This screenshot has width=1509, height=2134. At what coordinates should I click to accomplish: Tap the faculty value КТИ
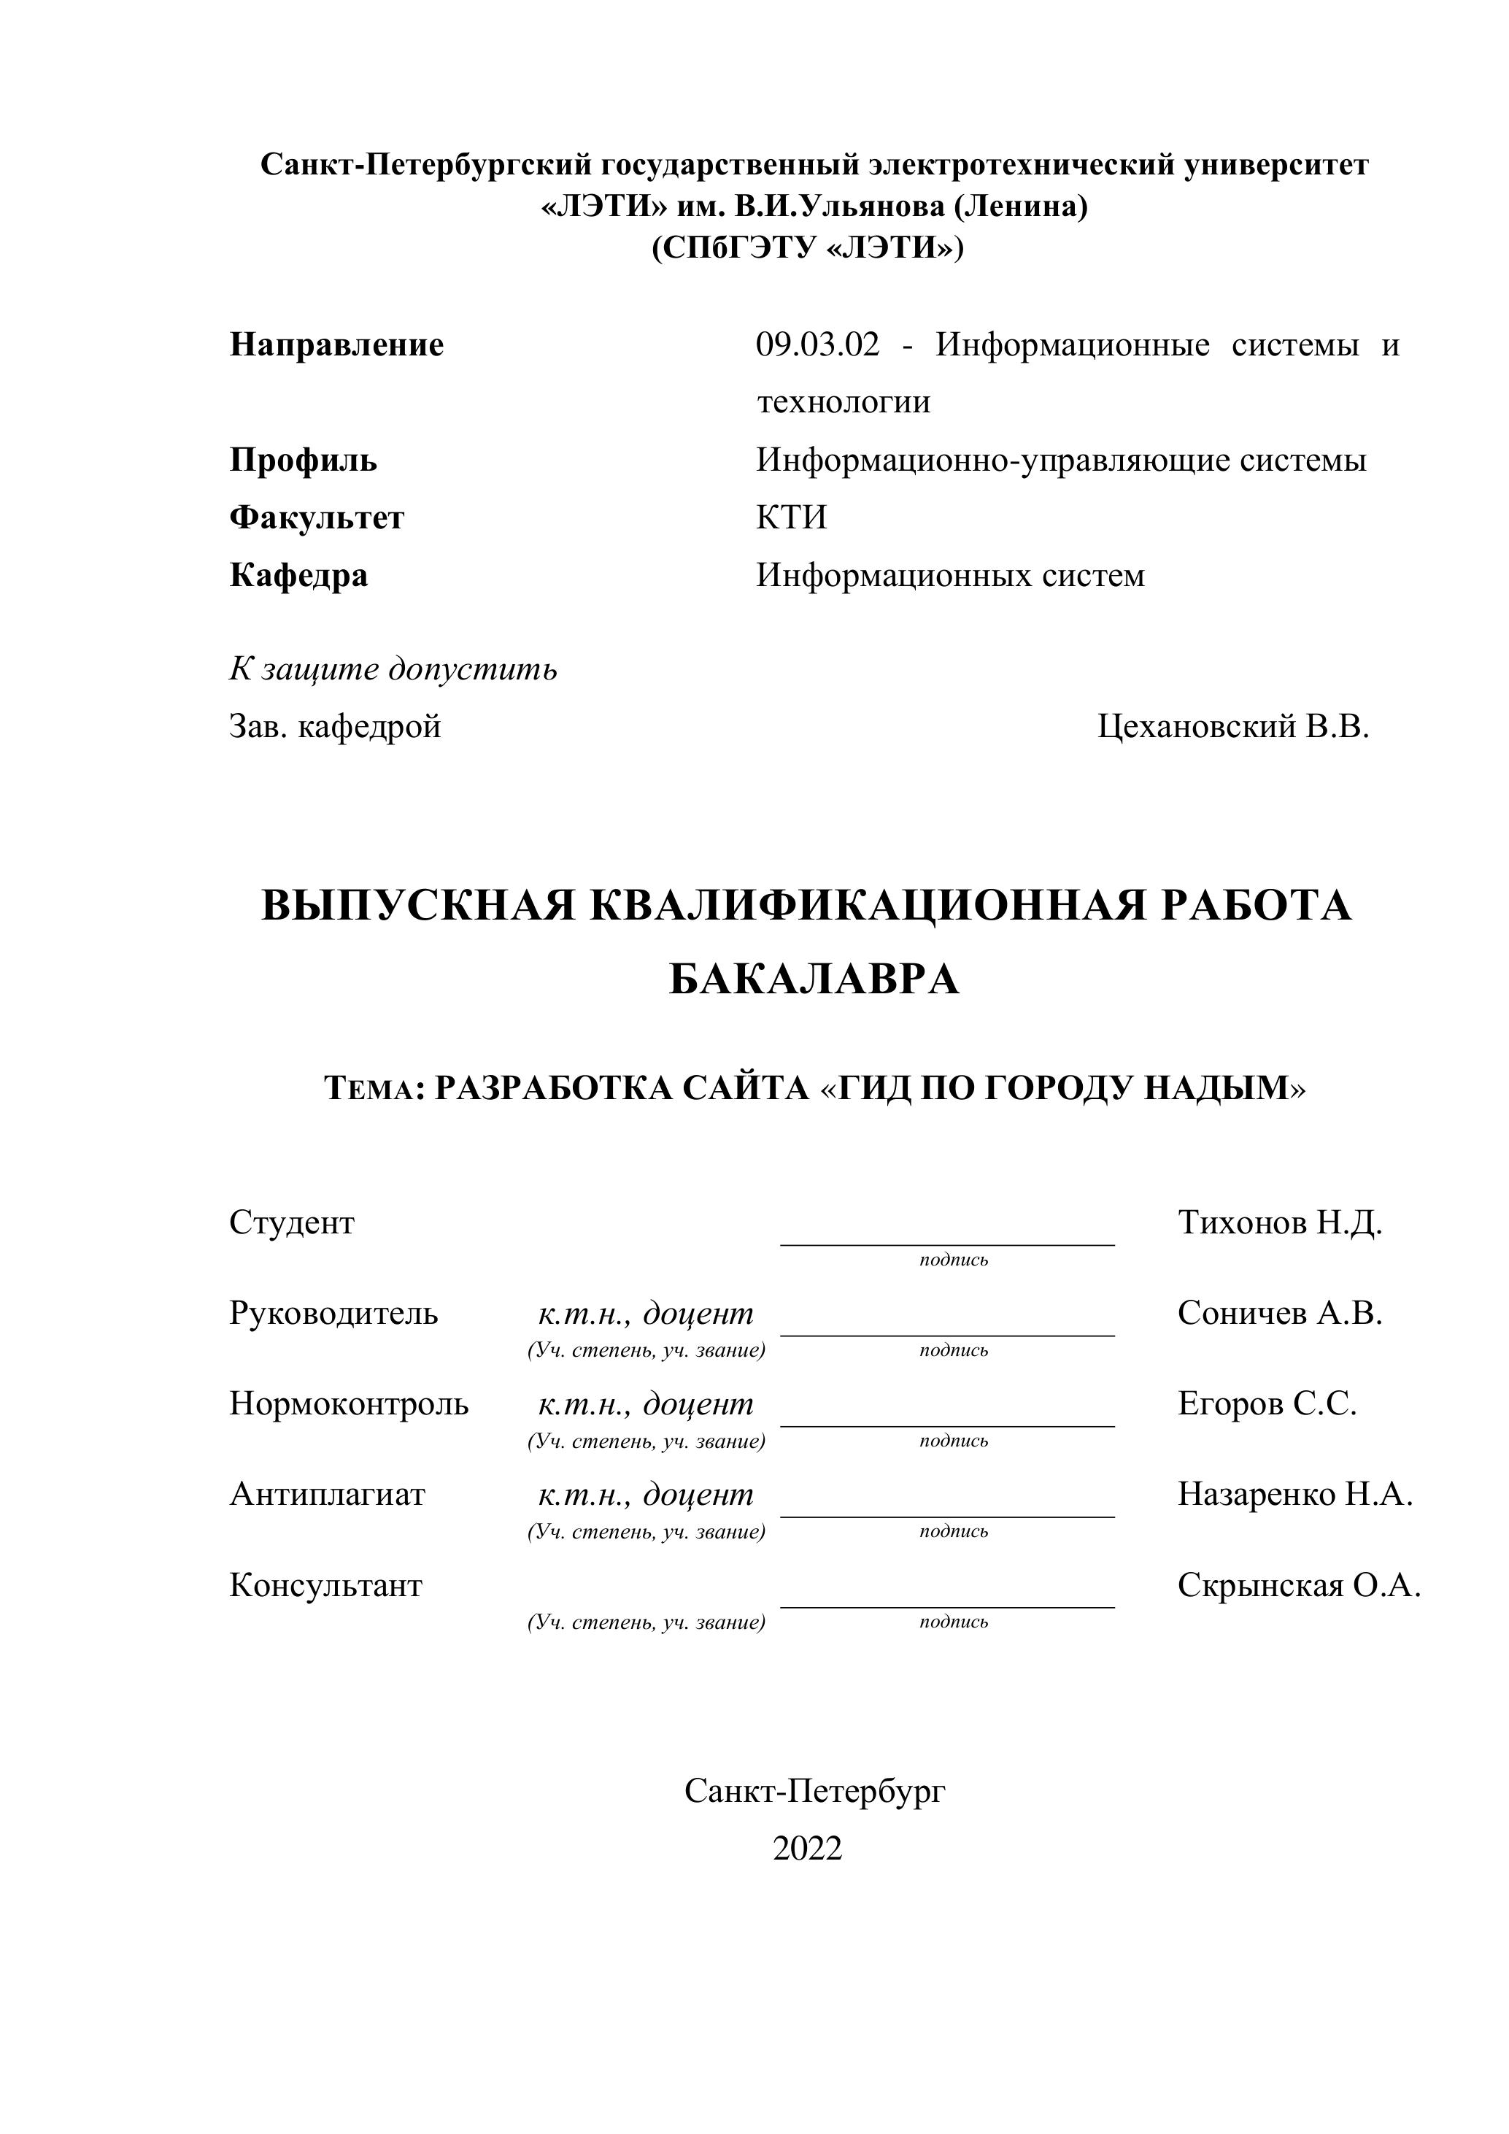791,517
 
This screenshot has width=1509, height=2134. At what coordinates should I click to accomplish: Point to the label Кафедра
298,575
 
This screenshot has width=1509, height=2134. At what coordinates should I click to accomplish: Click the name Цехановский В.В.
1233,726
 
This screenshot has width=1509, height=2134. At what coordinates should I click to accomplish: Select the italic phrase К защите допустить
393,669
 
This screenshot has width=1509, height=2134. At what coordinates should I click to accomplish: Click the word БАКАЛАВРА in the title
813,979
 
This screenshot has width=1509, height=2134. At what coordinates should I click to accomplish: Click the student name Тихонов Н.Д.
1279,1222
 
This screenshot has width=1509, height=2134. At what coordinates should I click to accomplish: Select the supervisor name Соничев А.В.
1279,1313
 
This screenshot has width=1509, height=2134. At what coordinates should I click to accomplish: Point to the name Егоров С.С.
1267,1403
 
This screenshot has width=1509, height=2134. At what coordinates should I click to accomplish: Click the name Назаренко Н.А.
1294,1494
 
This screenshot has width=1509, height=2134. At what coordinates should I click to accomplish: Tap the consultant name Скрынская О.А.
1298,1584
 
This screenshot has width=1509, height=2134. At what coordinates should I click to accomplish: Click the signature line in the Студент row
947,1243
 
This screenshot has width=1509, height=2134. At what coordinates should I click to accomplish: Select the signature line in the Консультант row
947,1606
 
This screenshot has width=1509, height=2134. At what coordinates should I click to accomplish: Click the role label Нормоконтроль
349,1403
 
